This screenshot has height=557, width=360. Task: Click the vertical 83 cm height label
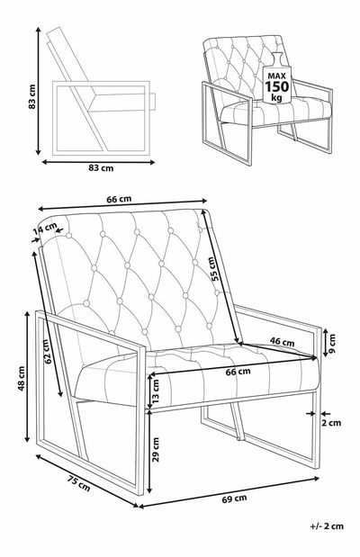[x=32, y=96]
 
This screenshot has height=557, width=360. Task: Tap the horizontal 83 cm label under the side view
[x=101, y=168]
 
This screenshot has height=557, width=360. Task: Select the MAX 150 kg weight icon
[x=277, y=78]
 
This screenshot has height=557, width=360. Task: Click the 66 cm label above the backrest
[x=119, y=199]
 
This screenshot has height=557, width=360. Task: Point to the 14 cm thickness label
[x=45, y=228]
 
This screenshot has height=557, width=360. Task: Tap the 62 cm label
[x=47, y=352]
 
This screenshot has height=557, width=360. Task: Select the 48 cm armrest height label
[x=22, y=378]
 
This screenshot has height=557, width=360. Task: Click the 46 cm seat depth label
[x=283, y=342]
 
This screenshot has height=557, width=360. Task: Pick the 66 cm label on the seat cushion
[x=238, y=372]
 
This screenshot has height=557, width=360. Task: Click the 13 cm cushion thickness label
[x=156, y=391]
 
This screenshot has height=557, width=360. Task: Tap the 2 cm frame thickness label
[x=331, y=423]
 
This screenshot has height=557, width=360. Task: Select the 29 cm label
[x=156, y=449]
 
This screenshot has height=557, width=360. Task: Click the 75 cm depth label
[x=78, y=482]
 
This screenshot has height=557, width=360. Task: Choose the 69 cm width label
[x=234, y=499]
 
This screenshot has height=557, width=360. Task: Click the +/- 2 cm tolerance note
[x=327, y=526]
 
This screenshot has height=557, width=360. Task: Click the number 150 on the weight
[x=277, y=86]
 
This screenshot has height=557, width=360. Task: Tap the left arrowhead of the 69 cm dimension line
[x=141, y=507]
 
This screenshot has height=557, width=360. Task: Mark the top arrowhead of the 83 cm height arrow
[x=39, y=30]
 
